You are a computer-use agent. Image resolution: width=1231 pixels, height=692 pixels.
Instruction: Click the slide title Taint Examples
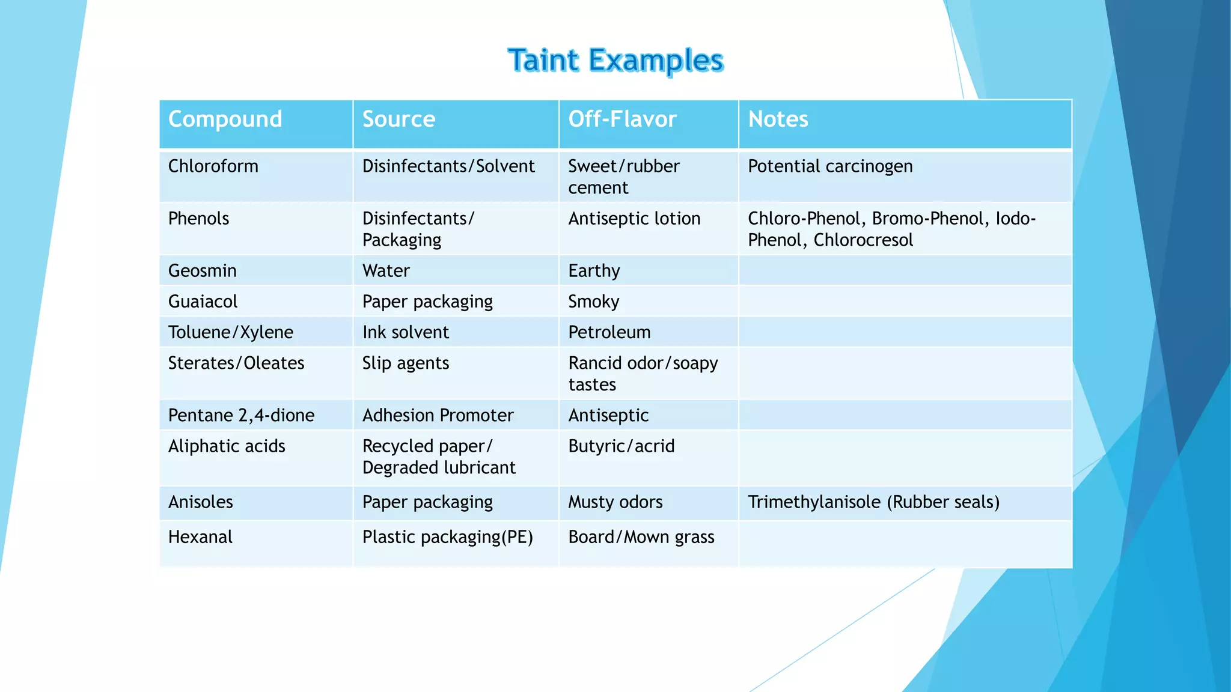[x=615, y=61]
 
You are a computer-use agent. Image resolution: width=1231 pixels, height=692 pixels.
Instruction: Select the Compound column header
[x=225, y=119]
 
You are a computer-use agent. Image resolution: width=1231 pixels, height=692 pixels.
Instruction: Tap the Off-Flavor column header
[x=622, y=119]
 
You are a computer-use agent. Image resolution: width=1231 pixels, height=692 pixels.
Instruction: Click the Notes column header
[x=778, y=119]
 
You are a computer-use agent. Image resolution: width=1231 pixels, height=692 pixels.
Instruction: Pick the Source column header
[x=399, y=119]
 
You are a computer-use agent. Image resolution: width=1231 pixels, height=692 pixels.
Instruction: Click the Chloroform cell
[x=213, y=166]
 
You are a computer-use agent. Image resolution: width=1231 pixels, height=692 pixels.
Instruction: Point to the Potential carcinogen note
[x=829, y=166]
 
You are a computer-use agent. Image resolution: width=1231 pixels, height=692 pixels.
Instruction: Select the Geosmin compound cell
[x=202, y=271]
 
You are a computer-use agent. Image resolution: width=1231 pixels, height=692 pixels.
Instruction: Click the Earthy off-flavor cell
[x=594, y=271]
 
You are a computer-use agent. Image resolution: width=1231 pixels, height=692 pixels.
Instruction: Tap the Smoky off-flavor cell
[x=593, y=302]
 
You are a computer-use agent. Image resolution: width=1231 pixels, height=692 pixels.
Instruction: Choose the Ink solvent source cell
[x=405, y=332]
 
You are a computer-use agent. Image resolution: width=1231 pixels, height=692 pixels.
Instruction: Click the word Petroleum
[x=609, y=332]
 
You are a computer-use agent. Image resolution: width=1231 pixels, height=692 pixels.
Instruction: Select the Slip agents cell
[x=405, y=363]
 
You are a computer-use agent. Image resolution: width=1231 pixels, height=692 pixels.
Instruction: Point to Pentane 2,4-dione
[x=241, y=416]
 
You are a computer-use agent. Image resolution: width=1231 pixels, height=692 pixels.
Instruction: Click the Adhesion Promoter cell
[x=438, y=416]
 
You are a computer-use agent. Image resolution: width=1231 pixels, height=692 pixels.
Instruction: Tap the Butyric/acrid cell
[x=621, y=446]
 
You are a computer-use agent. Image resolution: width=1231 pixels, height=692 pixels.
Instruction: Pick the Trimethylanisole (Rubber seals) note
[x=873, y=502]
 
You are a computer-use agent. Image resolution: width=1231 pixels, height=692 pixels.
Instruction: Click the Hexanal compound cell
[x=200, y=537]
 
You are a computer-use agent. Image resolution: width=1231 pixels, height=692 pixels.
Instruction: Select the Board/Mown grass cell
[x=641, y=537]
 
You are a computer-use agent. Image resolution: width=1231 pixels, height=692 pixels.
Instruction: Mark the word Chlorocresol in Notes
[x=863, y=240]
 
